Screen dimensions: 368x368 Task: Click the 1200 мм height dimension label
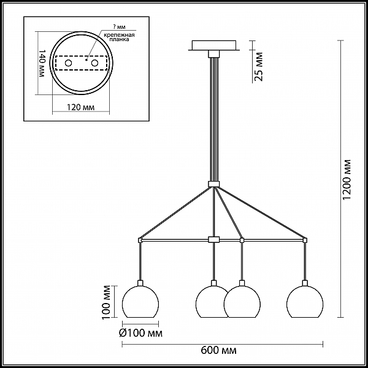tap(347, 180)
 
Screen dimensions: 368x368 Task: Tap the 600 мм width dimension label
tap(219, 351)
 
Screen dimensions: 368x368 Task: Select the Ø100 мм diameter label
tap(140, 333)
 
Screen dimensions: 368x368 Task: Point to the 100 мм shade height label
tap(106, 302)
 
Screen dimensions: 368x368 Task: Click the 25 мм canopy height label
tap(259, 66)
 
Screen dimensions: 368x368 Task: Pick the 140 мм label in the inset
tap(42, 63)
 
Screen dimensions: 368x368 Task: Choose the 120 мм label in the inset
tap(81, 107)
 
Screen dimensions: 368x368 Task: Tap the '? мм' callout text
tap(118, 27)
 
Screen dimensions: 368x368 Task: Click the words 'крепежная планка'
tap(119, 37)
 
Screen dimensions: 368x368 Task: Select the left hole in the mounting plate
tap(69, 63)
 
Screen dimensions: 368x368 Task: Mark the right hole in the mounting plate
tap(95, 63)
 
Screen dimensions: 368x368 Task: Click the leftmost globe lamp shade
tap(140, 302)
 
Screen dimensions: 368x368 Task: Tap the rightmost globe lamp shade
tap(305, 302)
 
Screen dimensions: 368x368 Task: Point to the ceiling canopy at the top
tap(214, 45)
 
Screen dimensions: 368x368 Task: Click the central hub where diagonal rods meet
tap(214, 184)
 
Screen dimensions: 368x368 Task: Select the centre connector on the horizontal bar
tap(214, 240)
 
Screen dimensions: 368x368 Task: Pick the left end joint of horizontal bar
tap(140, 240)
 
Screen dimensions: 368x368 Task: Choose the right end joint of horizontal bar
tap(305, 240)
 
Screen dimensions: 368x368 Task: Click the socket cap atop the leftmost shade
tap(140, 283)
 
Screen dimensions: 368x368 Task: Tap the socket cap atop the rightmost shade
tap(305, 283)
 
